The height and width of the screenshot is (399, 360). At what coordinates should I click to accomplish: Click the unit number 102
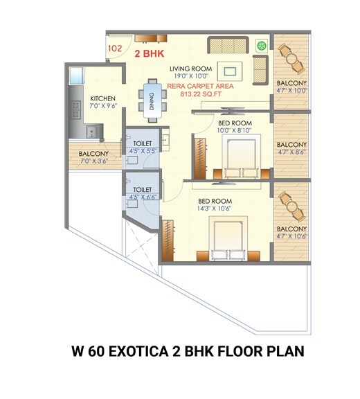click(x=116, y=49)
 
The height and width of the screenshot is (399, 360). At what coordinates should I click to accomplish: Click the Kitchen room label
click(x=102, y=98)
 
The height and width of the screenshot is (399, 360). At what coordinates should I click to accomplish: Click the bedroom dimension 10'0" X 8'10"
click(x=233, y=130)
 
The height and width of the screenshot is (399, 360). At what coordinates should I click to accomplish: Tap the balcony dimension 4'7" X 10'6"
click(x=291, y=236)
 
